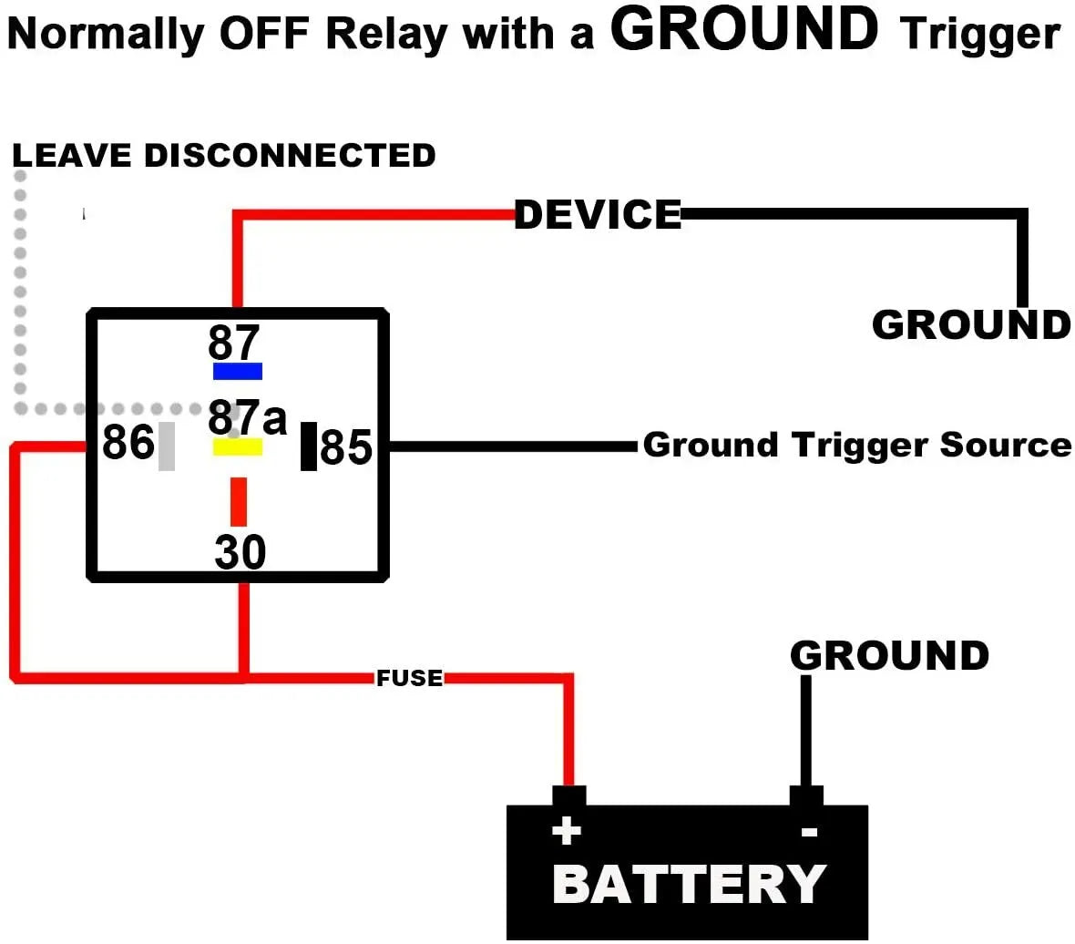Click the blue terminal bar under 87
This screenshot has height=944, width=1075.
[237, 371]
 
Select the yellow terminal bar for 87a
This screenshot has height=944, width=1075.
[237, 447]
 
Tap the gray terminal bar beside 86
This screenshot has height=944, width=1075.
[166, 446]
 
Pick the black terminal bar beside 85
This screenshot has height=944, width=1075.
[309, 446]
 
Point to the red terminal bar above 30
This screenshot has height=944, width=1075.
[238, 501]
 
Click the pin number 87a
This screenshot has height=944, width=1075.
[247, 417]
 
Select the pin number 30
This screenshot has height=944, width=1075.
[241, 552]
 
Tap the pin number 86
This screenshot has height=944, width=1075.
[128, 443]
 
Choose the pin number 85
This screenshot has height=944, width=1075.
[346, 447]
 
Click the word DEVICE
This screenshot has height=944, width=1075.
[598, 215]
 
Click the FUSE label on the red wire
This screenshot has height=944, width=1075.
[409, 678]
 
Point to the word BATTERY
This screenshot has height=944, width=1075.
[689, 884]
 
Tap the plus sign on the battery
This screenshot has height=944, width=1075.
[567, 831]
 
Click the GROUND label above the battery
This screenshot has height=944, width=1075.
[889, 656]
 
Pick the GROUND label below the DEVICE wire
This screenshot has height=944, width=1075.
[971, 325]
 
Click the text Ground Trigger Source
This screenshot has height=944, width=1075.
[856, 445]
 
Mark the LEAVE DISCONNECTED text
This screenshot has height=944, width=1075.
[224, 155]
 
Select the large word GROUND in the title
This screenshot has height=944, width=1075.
[744, 29]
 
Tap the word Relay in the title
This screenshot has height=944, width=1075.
[386, 35]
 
